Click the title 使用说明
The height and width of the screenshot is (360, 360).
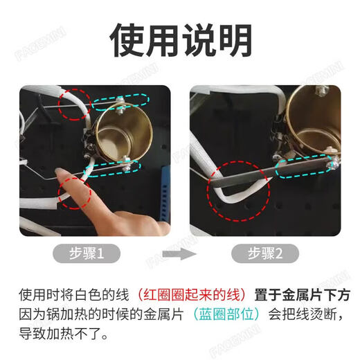pos(180,41)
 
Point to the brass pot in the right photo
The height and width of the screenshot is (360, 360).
pos(315,125)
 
